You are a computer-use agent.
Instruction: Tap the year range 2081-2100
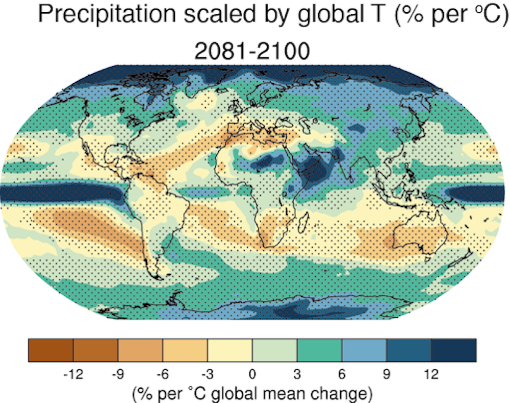pyautogui.click(x=252, y=51)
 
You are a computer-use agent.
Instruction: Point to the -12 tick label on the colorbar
pyautogui.click(x=73, y=374)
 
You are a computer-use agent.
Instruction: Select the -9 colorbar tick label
pyautogui.click(x=118, y=374)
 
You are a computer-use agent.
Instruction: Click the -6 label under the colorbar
pyautogui.click(x=162, y=374)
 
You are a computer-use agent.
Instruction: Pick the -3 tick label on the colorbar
pyautogui.click(x=207, y=374)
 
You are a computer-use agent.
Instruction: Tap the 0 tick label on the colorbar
pyautogui.click(x=252, y=374)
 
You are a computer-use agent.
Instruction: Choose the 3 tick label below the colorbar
pyautogui.click(x=297, y=374)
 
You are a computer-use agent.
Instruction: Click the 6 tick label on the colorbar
pyautogui.click(x=342, y=374)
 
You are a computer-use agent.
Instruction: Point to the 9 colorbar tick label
pyautogui.click(x=387, y=374)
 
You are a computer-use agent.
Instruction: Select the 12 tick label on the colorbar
pyautogui.click(x=431, y=374)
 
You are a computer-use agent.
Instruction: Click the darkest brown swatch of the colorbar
pyautogui.click(x=50, y=349)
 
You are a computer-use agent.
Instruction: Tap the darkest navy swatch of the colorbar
pyautogui.click(x=454, y=349)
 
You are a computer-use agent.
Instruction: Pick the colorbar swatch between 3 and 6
pyautogui.click(x=319, y=349)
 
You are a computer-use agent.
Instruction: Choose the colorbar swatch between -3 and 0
pyautogui.click(x=229, y=349)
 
